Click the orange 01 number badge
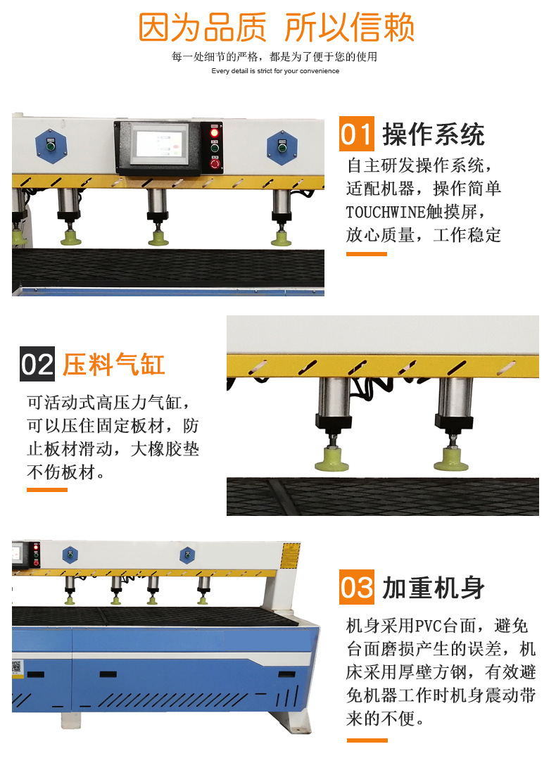pos(357,134)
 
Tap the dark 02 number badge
pos(37,364)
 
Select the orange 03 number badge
pos(357,587)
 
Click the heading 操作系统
pos(434,134)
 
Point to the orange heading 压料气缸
pos(114,365)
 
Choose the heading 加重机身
pos(434,587)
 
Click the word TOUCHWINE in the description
pos(386,212)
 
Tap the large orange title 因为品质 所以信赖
pos(277,27)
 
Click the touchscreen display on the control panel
pos(160,144)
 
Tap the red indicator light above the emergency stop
pos(215,132)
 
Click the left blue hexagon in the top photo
pos(51,146)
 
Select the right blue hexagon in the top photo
pos(282,147)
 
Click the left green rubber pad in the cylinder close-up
pos(331,460)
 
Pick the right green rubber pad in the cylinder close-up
pos(451,459)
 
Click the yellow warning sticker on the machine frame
pos(290,555)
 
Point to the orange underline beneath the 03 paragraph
pos(367,740)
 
